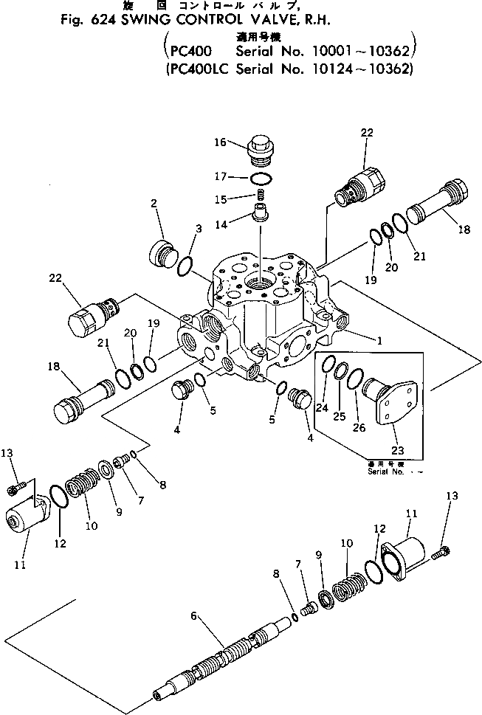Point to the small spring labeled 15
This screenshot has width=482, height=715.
point(260,196)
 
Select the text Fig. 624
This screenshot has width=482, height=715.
point(83,21)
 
